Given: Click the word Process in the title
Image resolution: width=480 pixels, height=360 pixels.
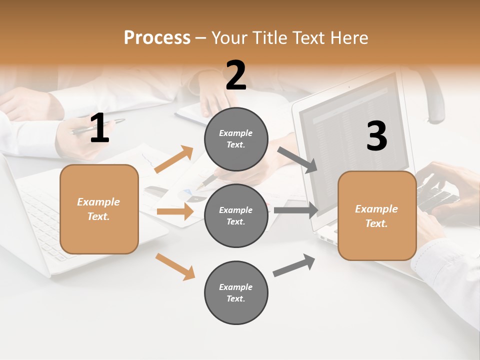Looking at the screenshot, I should point(157,37).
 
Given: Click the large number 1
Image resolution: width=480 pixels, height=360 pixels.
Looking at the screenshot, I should point(99,128).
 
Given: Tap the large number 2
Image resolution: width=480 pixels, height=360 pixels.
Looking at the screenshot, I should point(236,75).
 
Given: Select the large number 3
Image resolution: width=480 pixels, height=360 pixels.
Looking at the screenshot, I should point(376,136).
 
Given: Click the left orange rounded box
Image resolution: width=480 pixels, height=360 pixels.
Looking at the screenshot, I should point(99,209).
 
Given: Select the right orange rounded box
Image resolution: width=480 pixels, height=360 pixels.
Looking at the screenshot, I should point(377,216).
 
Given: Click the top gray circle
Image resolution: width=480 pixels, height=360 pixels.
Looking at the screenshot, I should point(236,139).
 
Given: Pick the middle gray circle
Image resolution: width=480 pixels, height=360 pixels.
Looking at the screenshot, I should point(236,215).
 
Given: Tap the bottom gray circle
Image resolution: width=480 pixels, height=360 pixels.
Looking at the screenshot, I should point(236,292).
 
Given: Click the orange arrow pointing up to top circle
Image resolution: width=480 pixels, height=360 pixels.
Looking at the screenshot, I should point(174,159).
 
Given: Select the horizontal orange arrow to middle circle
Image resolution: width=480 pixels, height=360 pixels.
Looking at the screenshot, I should point(175,211).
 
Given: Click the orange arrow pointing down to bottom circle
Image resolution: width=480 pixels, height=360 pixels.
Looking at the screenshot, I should point(175,266).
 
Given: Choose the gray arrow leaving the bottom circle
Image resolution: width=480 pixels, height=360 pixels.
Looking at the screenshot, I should point(294,265).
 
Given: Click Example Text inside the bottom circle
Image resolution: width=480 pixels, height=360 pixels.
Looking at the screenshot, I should point(236,292).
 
